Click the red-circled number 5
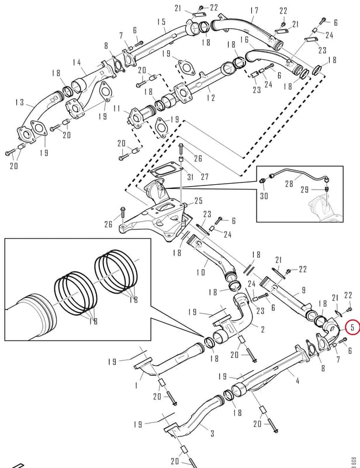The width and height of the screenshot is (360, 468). tap(352, 327)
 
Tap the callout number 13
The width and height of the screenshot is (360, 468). tap(19, 102)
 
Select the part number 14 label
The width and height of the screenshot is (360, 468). tap(77, 63)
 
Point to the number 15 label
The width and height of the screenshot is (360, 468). tap(161, 22)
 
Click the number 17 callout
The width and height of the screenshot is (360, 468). tap(254, 11)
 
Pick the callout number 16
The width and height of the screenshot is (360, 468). tap(244, 39)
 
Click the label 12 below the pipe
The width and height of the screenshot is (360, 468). tap(210, 98)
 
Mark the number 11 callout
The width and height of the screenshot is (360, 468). tap(117, 108)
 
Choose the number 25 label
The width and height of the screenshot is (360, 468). tap(199, 201)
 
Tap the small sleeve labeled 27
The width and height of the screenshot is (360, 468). tap(181, 159)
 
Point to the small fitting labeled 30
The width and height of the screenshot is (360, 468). tap(263, 181)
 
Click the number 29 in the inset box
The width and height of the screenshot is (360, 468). tap(304, 190)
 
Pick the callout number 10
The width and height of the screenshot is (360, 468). tap(201, 271)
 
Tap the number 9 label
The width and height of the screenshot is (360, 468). tap(304, 290)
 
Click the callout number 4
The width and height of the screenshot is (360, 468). tap(297, 381)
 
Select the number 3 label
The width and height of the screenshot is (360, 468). tap(212, 433)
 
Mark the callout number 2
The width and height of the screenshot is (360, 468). tap(262, 329)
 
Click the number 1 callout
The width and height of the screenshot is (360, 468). tap(136, 386)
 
